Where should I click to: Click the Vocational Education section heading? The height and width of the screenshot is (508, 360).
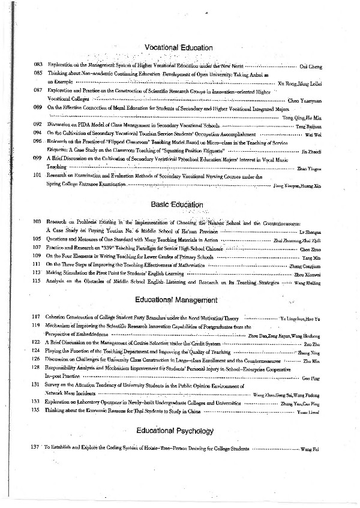click(x=178, y=48)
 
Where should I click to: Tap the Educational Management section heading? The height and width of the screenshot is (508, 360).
click(x=176, y=299)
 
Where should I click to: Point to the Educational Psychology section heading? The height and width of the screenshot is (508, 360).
click(x=175, y=431)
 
